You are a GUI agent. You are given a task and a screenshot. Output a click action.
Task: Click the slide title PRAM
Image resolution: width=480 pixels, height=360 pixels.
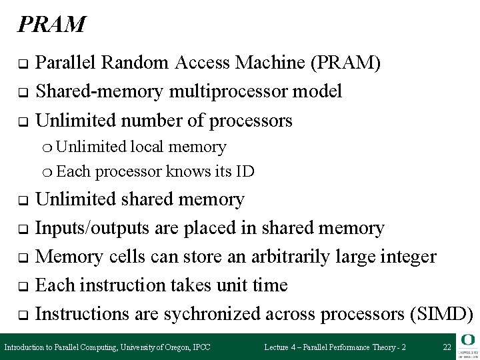pos(51,25)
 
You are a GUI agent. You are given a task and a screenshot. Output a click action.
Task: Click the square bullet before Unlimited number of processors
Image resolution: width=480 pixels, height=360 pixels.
pos(22,121)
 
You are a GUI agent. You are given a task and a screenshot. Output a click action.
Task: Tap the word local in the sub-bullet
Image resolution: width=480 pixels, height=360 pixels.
pos(150,147)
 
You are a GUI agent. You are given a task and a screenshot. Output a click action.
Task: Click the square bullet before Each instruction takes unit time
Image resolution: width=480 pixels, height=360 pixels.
pos(22,286)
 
